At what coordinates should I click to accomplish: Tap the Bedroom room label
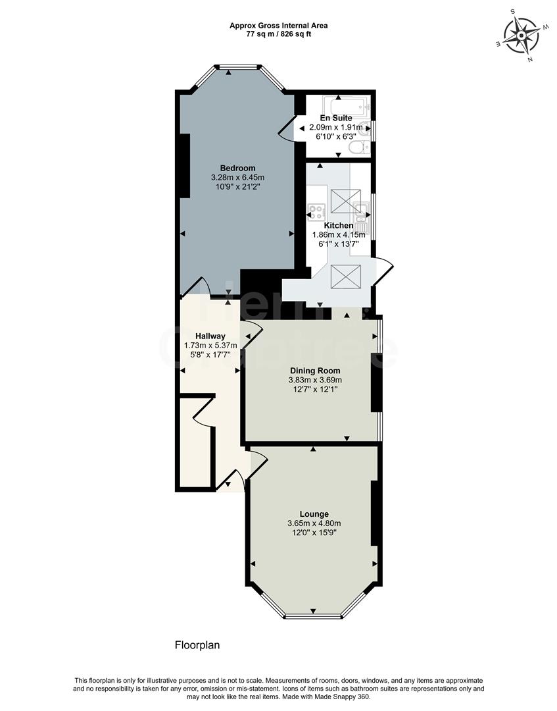point(237,168)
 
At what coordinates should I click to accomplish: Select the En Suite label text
point(336,118)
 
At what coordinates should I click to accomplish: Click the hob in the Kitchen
point(317,212)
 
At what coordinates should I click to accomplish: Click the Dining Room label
point(315,371)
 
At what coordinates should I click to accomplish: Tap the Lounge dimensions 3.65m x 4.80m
point(314,523)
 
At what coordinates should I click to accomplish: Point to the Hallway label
point(210,336)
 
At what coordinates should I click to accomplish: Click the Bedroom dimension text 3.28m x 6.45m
point(237,177)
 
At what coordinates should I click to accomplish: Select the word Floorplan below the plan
point(197,645)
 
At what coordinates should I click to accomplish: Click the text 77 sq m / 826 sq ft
point(278,34)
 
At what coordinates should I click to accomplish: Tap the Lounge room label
point(314,513)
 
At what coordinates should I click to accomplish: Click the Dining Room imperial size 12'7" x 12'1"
point(315,389)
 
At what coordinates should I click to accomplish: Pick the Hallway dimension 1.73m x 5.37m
point(210,345)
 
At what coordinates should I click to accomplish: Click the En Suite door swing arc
point(284,129)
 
